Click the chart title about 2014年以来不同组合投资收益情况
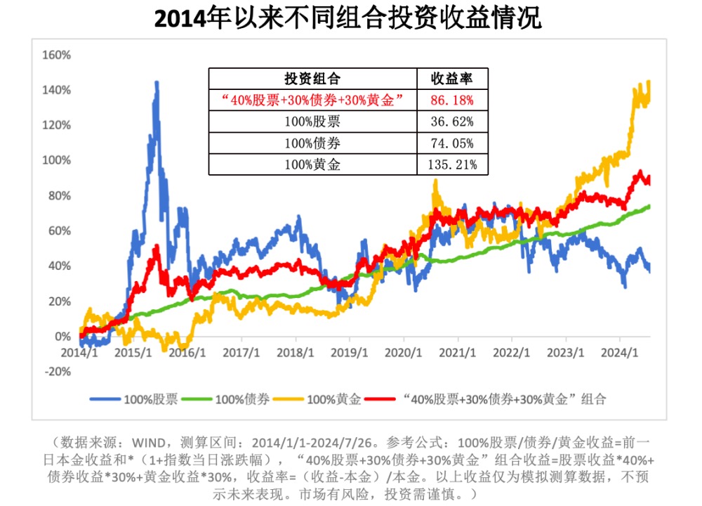pos(348,19)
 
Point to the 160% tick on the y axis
pos(57,55)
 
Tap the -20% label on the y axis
pos(57,372)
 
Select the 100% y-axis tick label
pos(57,160)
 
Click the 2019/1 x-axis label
pos(349,351)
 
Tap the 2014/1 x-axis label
pos(79,351)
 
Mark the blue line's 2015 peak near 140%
pos(157,82)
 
